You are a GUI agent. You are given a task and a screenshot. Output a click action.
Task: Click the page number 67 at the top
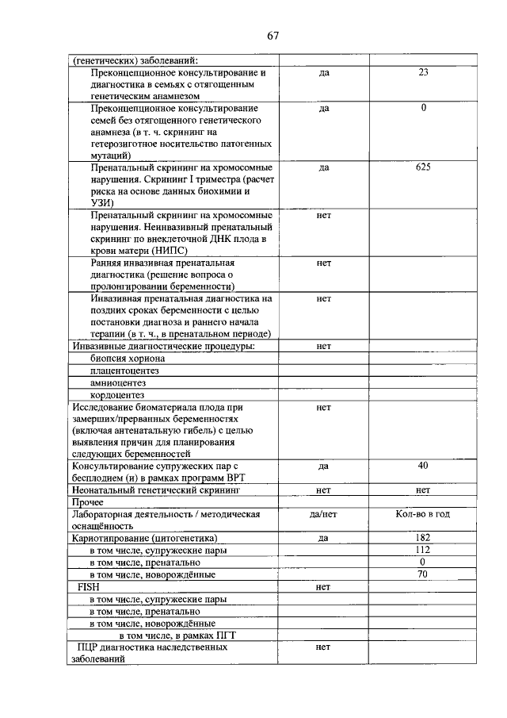pyautogui.click(x=273, y=35)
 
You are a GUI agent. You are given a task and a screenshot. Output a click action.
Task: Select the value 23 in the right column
pyautogui.click(x=423, y=72)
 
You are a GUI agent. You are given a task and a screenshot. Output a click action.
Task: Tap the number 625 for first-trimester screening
pyautogui.click(x=423, y=168)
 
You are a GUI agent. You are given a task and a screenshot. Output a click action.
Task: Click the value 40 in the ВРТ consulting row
pyautogui.click(x=423, y=466)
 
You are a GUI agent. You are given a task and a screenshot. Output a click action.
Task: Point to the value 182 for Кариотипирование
pyautogui.click(x=423, y=538)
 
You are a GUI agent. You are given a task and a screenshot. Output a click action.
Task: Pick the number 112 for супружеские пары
pyautogui.click(x=423, y=550)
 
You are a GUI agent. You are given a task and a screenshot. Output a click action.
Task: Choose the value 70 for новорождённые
pyautogui.click(x=423, y=574)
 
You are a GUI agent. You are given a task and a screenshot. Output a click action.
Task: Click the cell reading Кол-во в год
pyautogui.click(x=423, y=514)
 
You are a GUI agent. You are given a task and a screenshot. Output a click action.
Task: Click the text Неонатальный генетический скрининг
pyautogui.click(x=154, y=490)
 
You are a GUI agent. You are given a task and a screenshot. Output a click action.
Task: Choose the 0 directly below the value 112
pyautogui.click(x=423, y=562)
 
